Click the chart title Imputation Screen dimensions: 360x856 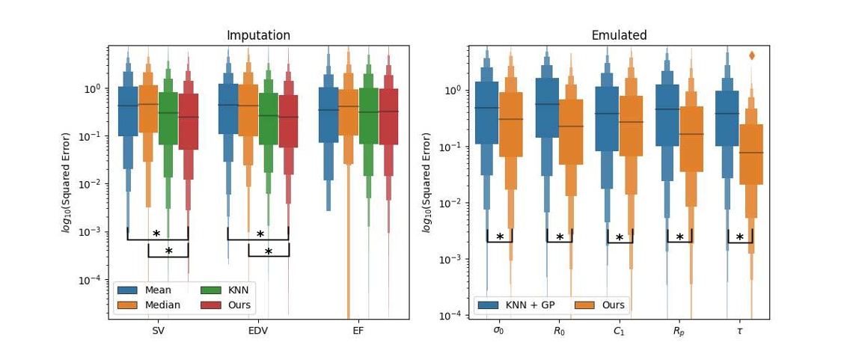point(258,36)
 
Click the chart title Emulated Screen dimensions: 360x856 point(619,36)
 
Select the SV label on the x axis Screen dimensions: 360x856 point(158,330)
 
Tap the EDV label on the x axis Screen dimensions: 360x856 point(258,330)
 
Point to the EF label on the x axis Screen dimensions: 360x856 point(358,330)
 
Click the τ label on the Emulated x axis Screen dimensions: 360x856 point(739,330)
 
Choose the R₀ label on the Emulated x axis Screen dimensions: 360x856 point(559,330)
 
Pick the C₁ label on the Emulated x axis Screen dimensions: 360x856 point(620,330)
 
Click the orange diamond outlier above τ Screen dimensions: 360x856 point(751,55)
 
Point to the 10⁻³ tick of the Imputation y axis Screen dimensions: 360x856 point(94,232)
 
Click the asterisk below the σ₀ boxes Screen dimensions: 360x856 point(500,237)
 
